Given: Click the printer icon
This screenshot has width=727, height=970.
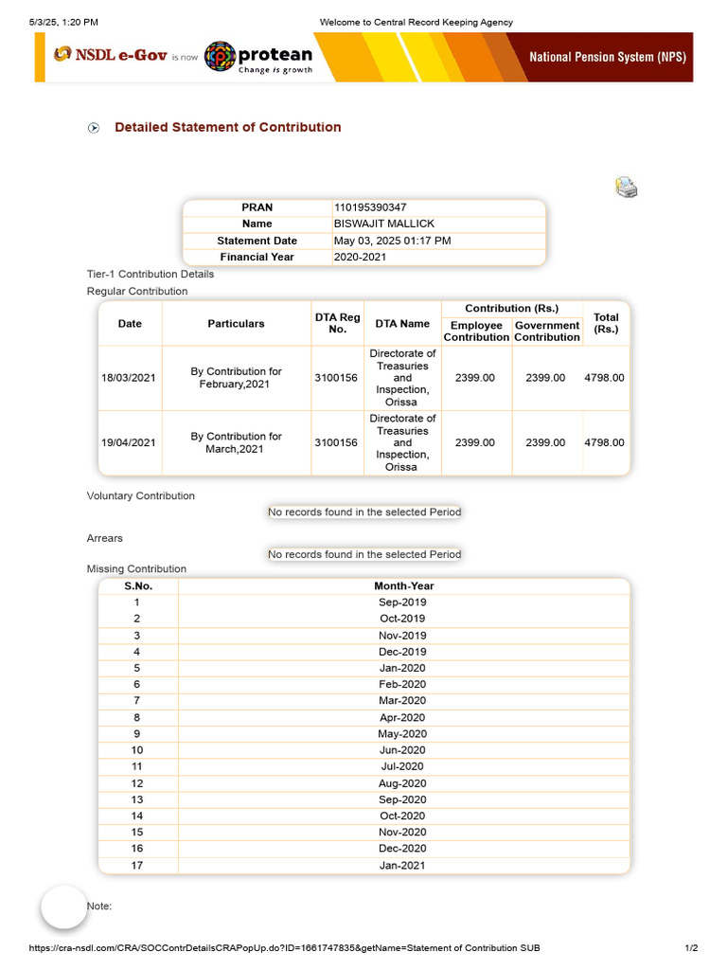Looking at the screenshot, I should (x=626, y=187).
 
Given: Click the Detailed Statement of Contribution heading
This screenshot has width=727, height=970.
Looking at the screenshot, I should (x=227, y=127).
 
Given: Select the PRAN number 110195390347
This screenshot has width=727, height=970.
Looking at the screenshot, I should (x=370, y=207).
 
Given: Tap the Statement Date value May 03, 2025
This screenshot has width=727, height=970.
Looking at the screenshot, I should (x=392, y=241).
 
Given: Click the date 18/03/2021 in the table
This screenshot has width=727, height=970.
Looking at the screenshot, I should (x=129, y=378).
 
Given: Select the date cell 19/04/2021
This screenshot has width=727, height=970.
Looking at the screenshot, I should (x=129, y=442).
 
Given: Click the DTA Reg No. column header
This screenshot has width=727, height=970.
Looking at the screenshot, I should (x=336, y=323).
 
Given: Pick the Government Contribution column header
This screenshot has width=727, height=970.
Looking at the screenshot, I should (x=547, y=331).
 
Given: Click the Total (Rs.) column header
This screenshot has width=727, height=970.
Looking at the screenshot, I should (x=606, y=323).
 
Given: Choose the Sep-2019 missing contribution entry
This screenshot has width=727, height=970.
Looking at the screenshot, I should (x=402, y=602).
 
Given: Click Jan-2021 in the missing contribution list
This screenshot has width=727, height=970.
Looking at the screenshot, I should (x=402, y=865).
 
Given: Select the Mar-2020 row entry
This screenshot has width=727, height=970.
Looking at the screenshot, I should (x=402, y=701).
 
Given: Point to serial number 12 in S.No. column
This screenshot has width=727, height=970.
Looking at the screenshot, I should (x=137, y=783).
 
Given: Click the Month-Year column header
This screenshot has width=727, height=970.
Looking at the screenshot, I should (x=403, y=585).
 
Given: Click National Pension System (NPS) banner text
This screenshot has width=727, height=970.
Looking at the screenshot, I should (x=607, y=57).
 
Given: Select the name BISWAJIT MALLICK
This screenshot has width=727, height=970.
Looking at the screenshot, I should (x=384, y=224).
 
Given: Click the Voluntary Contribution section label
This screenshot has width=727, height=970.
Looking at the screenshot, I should (x=140, y=495).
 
